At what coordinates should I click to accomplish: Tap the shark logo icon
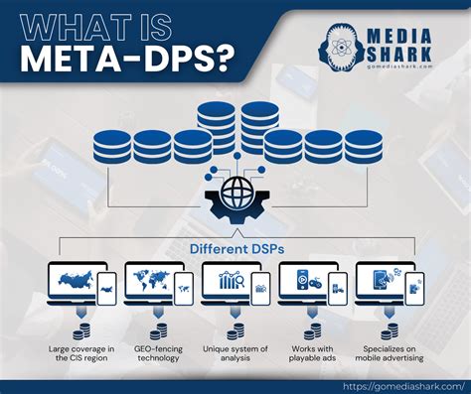pos(343,43)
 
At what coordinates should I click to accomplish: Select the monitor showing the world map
pos(149,283)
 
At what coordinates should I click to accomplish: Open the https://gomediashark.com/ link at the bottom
pos(401,386)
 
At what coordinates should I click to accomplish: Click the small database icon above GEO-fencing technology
pos(158,329)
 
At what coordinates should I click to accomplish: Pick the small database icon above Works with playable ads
pos(313,329)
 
